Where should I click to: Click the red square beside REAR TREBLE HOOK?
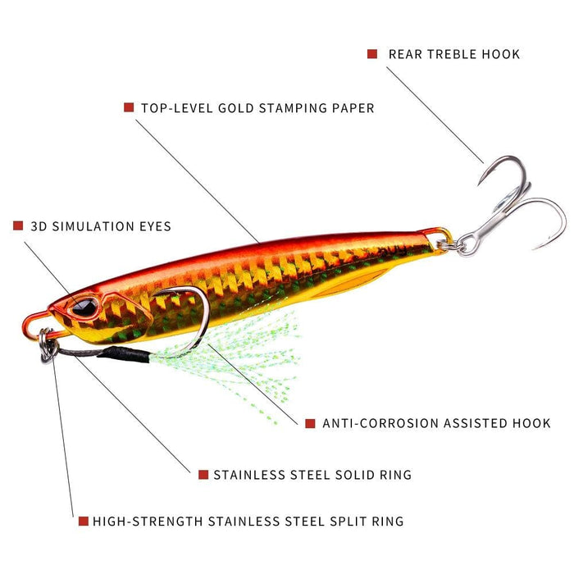click(372, 54)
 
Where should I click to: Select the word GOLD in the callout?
click(236, 107)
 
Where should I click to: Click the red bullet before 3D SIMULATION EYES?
click(18, 225)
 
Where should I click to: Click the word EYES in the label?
click(153, 225)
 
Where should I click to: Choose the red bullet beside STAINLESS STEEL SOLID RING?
click(203, 474)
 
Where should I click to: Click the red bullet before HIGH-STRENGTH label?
click(83, 521)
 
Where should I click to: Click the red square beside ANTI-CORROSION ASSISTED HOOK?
click(310, 423)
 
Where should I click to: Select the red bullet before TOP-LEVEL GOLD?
click(129, 107)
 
